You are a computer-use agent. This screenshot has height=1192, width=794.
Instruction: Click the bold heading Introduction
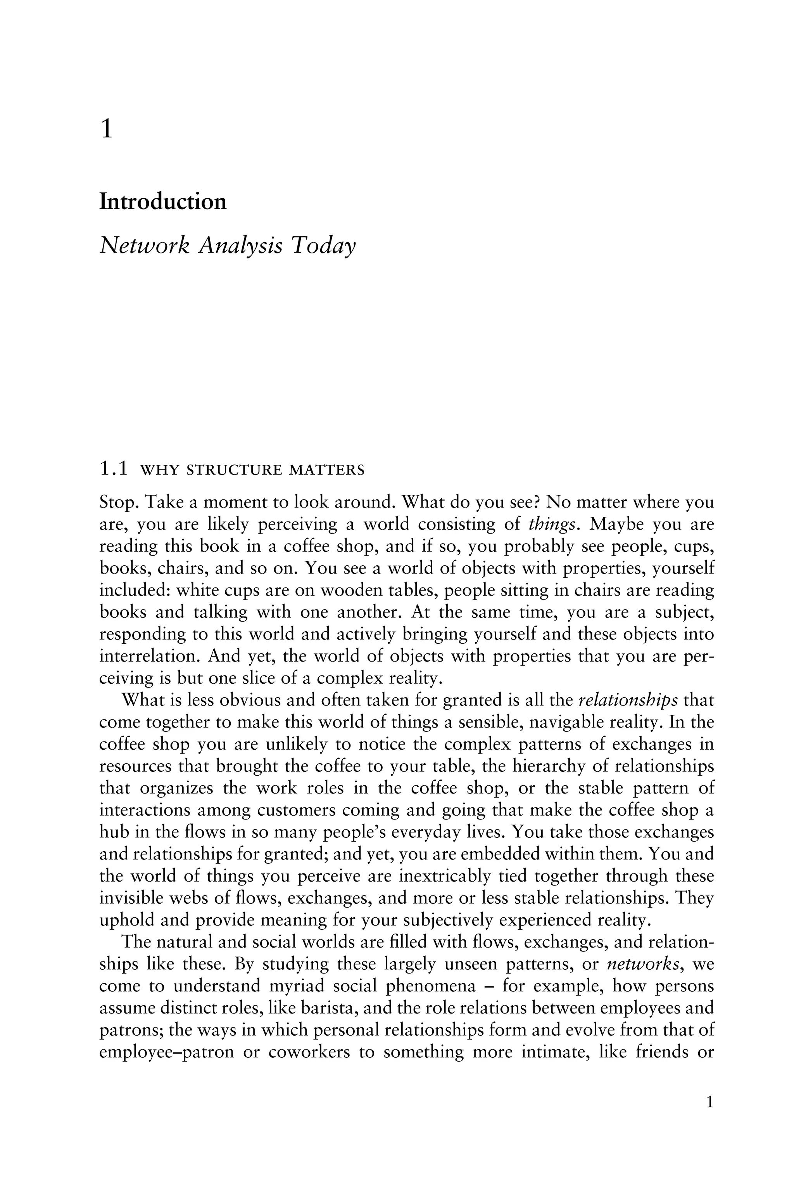click(x=162, y=202)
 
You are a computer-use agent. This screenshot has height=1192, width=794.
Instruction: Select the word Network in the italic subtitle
click(x=144, y=246)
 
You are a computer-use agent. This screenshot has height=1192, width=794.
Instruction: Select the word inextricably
click(x=445, y=876)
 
